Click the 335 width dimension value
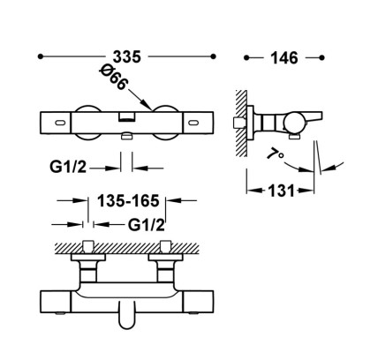click(127, 57)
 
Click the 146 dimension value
click(284, 58)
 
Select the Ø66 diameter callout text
click(114, 78)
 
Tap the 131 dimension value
click(281, 191)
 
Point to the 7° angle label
click(276, 154)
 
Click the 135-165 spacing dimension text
click(128, 201)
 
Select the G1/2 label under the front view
click(68, 168)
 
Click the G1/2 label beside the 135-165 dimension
click(147, 225)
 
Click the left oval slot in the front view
click(60, 122)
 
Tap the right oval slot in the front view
click(194, 122)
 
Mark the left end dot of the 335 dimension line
click(41, 56)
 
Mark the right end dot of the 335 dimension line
click(214, 56)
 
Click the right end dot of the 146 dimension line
click(321, 57)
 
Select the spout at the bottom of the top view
click(127, 315)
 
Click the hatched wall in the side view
click(241, 124)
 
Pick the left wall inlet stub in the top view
click(88, 246)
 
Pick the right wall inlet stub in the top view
click(165, 246)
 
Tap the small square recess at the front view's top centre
click(127, 116)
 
